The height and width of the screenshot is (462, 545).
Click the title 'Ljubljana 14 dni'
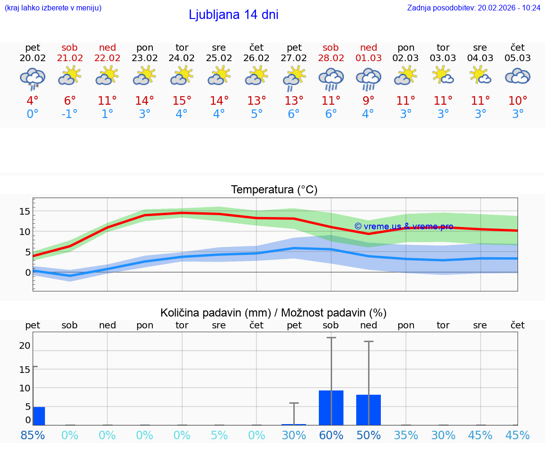pyautogui.click(x=233, y=15)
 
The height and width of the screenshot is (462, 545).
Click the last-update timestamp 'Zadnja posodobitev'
pyautogui.click(x=474, y=8)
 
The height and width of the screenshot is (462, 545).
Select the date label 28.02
pyautogui.click(x=331, y=58)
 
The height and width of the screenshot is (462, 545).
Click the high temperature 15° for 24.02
pyautogui.click(x=182, y=101)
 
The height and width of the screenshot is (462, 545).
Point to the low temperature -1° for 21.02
pyautogui.click(x=70, y=114)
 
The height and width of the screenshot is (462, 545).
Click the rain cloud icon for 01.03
pyautogui.click(x=368, y=79)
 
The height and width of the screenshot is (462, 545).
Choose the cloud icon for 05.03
pyautogui.click(x=518, y=76)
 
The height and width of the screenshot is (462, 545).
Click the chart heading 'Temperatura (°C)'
pyautogui.click(x=274, y=190)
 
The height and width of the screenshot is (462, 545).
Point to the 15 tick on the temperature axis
pyautogui.click(x=25, y=211)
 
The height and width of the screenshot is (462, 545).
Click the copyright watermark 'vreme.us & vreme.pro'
pyautogui.click(x=404, y=226)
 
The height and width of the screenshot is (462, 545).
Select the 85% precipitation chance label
pyautogui.click(x=33, y=435)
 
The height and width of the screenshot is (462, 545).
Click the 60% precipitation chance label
pyautogui.click(x=331, y=435)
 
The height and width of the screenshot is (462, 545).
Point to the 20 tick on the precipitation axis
pyautogui.click(x=25, y=346)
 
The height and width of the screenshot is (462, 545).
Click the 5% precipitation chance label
pyautogui.click(x=219, y=435)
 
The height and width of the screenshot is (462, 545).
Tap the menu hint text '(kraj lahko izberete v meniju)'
pyautogui.click(x=53, y=8)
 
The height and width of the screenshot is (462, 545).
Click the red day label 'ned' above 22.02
pyautogui.click(x=107, y=47)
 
